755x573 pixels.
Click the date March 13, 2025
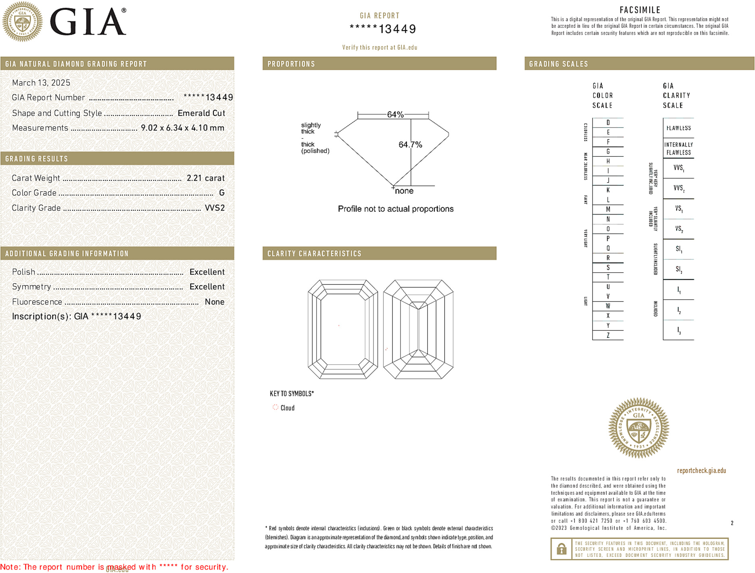41,83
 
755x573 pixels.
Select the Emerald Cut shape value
201,113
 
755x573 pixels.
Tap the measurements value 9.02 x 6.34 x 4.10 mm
182,128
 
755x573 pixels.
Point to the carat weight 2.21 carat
205,178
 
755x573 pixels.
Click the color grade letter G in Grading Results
222,193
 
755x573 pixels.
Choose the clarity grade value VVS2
214,208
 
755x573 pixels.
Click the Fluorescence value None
214,302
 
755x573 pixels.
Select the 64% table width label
395,114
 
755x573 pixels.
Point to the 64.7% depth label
410,145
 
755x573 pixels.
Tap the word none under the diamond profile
404,191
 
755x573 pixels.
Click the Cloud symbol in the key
276,407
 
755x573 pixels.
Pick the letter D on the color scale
608,122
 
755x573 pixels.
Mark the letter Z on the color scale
608,335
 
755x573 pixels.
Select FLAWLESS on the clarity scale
678,128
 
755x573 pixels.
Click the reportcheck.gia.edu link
701,471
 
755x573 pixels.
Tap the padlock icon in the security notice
561,549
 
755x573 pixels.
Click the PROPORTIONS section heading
291,64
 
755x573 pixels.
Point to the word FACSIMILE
640,10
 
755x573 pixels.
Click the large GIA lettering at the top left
88,22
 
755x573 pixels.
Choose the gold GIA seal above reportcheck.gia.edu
639,428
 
